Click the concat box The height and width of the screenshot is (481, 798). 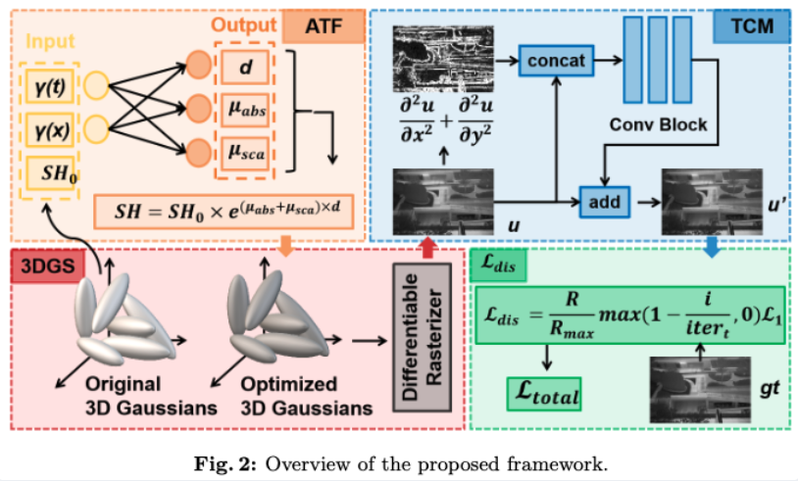(x=555, y=61)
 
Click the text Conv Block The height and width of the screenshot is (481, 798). (x=658, y=125)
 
